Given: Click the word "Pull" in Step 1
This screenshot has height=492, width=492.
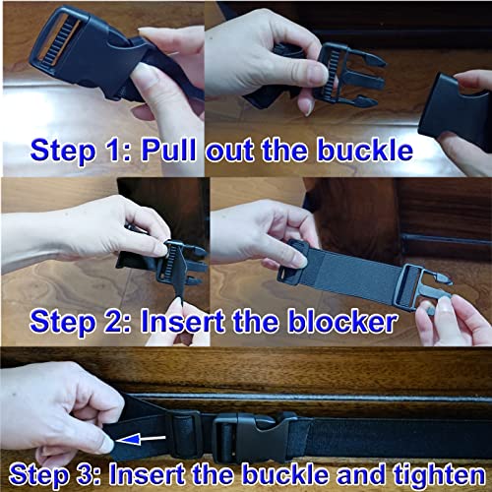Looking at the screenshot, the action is [x=168, y=151].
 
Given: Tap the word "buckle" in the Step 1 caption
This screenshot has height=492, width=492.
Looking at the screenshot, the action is [x=364, y=151].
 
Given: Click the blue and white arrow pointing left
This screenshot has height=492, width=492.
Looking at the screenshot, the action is [x=141, y=439].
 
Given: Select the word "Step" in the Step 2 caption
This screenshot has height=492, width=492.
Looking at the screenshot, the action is [x=62, y=324].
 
